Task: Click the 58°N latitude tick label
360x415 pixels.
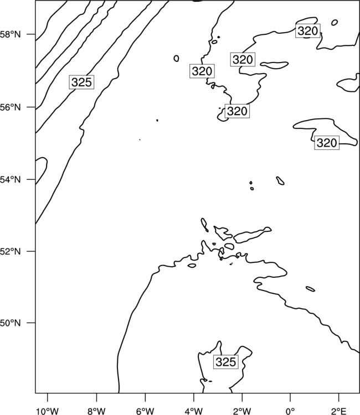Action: [10, 34]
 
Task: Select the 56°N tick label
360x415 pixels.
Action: [10, 107]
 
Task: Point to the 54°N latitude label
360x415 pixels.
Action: [10, 180]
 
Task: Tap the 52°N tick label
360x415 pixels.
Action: [10, 251]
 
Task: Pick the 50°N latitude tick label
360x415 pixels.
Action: [10, 323]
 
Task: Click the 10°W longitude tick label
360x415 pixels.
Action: [47, 411]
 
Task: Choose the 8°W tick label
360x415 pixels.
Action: [96, 411]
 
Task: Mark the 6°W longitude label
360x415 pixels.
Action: [145, 411]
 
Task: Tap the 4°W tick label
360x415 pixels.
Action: [194, 411]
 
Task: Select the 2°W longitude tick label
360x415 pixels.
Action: [242, 411]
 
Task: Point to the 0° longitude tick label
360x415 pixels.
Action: [290, 411]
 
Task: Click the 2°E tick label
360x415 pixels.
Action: [339, 411]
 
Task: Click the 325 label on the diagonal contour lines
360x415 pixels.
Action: [81, 82]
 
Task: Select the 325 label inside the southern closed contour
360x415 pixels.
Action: [226, 362]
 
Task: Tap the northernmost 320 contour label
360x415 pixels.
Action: [307, 30]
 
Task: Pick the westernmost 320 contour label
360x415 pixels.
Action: [202, 71]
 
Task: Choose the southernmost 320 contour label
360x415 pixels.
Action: [327, 143]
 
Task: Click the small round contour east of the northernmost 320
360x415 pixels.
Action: [335, 23]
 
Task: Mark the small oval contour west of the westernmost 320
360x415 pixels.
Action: [177, 58]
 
